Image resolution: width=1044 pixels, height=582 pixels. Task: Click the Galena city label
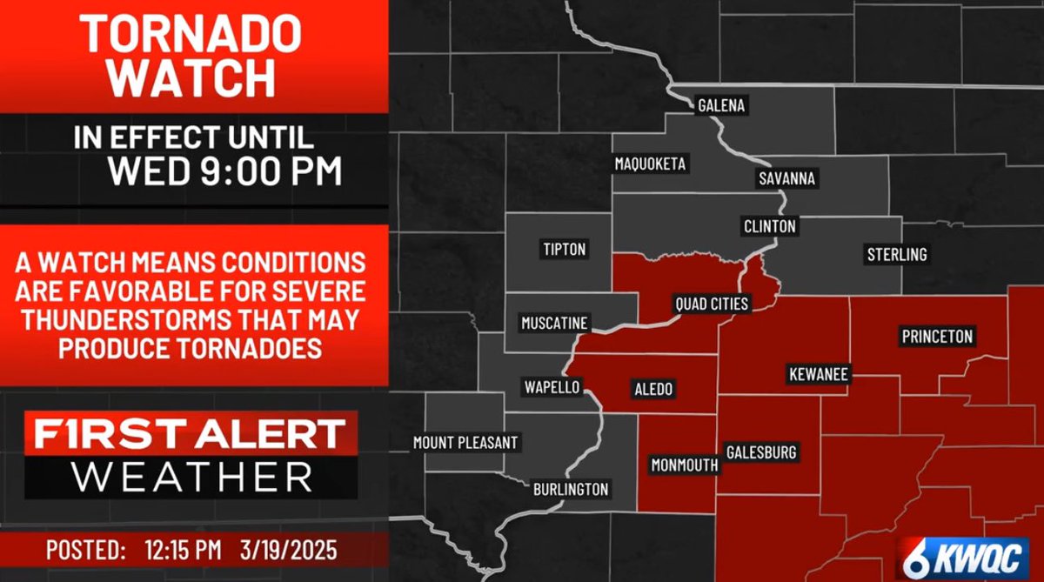coord(721,106)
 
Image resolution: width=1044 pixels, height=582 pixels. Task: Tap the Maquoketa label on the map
coord(650,164)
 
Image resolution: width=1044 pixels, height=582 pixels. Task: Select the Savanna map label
coord(786,178)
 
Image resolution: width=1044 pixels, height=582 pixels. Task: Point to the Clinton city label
coord(769,226)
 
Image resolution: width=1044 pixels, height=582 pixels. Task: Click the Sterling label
coord(896,255)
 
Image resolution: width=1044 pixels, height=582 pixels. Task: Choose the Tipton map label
coord(564,250)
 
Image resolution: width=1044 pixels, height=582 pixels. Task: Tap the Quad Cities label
coord(712,304)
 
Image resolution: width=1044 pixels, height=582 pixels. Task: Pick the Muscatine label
coord(554,324)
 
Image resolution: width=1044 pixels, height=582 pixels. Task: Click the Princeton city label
coord(937,337)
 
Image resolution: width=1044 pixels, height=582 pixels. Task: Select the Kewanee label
coord(818,375)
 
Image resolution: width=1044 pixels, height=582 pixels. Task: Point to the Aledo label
coord(652,389)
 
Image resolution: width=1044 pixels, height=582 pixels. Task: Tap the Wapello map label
coord(551,387)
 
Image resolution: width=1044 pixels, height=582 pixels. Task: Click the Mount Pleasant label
coord(465,443)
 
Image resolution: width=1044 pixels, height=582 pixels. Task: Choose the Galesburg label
coord(761,452)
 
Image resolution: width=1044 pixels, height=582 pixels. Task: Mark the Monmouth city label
coord(685,465)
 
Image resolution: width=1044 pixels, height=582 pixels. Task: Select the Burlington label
coord(571,490)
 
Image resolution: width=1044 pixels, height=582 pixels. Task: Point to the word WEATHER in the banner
coord(191,477)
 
